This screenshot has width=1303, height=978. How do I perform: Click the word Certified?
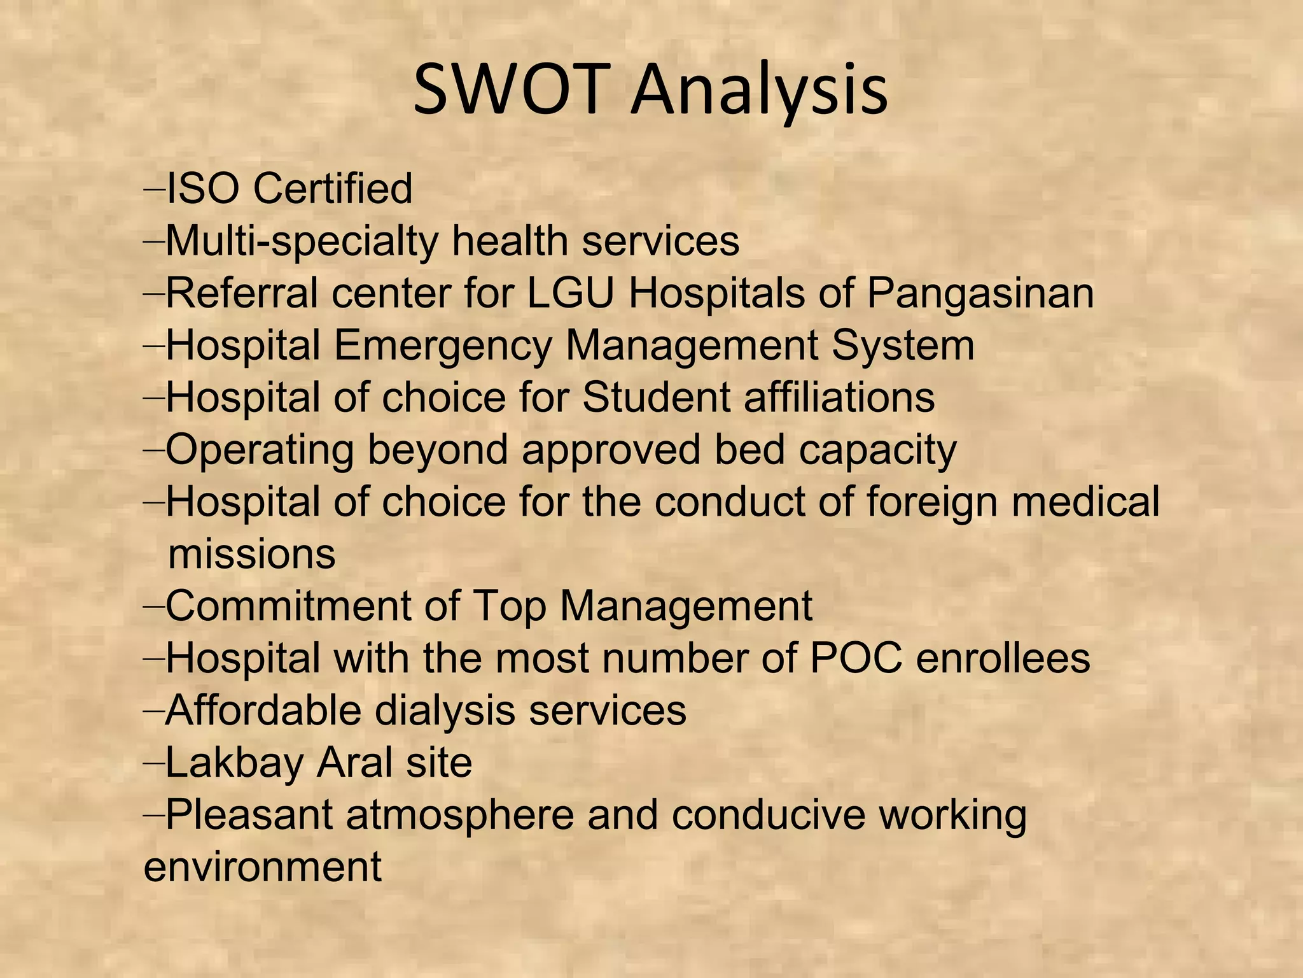(332, 188)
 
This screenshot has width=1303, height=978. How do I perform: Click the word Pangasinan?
(980, 294)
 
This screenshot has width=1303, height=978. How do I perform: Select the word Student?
(655, 397)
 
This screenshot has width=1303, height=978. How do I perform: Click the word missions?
(251, 554)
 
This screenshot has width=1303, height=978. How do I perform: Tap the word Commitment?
(288, 606)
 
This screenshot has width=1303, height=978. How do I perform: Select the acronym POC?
(856, 658)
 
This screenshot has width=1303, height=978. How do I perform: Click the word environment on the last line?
(262, 867)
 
